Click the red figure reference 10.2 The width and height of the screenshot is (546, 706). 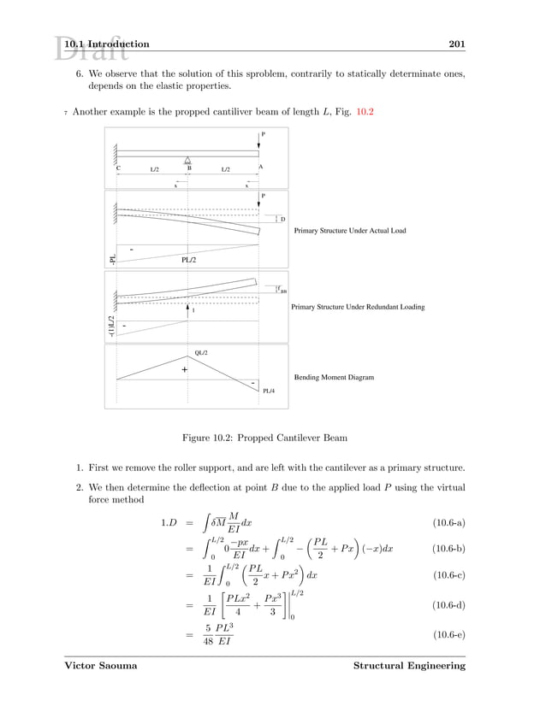(x=364, y=113)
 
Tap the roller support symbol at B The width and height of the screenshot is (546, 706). (x=187, y=161)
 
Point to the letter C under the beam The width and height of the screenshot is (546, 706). (x=118, y=168)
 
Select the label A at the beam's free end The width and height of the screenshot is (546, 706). (x=260, y=168)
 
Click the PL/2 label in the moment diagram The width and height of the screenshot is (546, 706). (x=190, y=260)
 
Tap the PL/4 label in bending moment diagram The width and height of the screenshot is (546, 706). (x=269, y=391)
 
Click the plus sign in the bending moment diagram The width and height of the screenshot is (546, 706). (x=183, y=370)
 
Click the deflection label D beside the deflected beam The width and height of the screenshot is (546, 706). (x=283, y=220)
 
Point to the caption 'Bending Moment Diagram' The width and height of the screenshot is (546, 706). (x=334, y=376)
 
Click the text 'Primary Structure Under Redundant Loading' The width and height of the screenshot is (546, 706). (x=358, y=306)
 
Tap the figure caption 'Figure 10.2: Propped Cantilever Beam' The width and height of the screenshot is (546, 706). (x=264, y=438)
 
